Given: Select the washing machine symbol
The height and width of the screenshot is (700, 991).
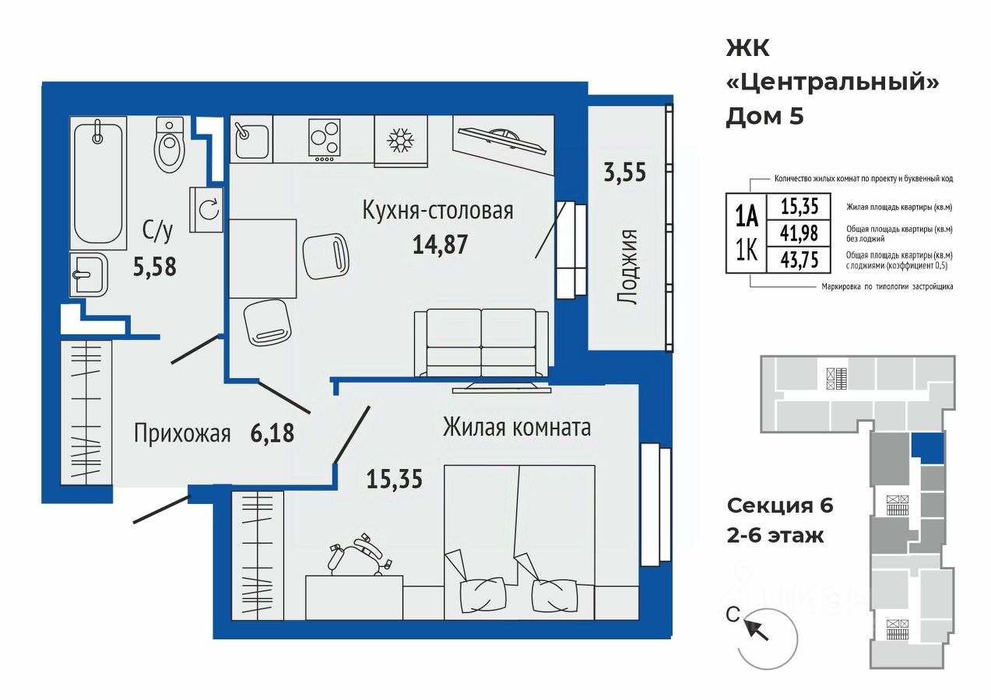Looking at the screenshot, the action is click(x=206, y=209).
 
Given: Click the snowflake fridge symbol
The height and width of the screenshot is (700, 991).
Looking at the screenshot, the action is click(x=401, y=141).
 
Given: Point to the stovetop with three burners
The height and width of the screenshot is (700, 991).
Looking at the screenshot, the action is click(x=325, y=140).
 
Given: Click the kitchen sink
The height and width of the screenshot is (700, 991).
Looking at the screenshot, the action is click(x=251, y=139).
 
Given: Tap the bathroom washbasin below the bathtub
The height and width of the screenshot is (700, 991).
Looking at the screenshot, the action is click(x=89, y=275).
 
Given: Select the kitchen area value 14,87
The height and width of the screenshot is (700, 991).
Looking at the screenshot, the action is click(x=440, y=244).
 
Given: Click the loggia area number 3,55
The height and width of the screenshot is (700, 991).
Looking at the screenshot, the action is click(x=624, y=172).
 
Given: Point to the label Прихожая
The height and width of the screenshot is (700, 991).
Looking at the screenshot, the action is click(x=182, y=433).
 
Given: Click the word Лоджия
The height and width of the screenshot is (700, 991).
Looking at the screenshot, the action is click(x=627, y=267).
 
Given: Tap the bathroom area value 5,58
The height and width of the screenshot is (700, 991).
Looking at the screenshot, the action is click(x=155, y=267).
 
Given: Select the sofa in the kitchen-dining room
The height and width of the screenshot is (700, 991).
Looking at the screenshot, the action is click(x=482, y=343).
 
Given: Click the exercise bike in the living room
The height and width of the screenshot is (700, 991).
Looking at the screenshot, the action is click(x=360, y=555).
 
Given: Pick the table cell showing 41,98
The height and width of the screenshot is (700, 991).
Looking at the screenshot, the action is click(x=799, y=233).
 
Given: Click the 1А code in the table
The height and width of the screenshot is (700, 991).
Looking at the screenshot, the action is click(x=747, y=218).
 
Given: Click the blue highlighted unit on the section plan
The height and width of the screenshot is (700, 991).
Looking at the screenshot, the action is click(x=928, y=448).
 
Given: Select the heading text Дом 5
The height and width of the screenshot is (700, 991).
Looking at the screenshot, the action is click(x=765, y=117).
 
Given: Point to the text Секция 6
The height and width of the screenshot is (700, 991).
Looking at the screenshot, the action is click(x=780, y=506).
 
